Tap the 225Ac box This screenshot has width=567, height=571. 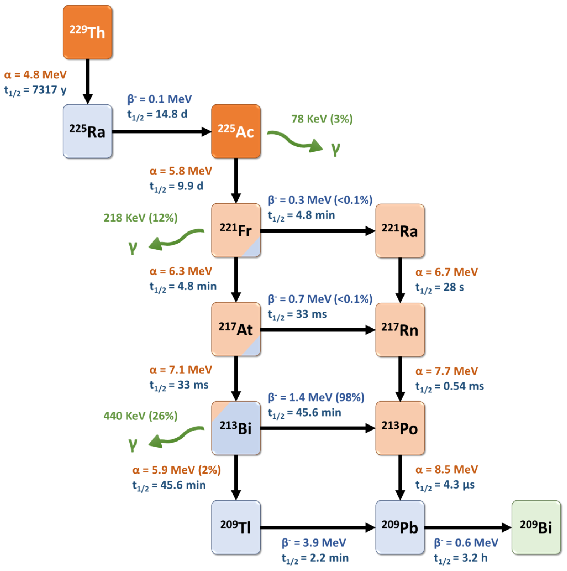click(236, 131)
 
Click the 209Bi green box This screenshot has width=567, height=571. click(536, 527)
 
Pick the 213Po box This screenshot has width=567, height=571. click(400, 428)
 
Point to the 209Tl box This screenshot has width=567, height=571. click(236, 527)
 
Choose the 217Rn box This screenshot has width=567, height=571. click(400, 330)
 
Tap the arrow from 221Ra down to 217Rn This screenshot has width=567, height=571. click(400, 280)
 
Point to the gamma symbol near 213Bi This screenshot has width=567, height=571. click(133, 444)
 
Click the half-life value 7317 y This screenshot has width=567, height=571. click(49, 89)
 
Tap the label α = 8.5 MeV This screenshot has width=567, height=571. click(446, 469)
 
